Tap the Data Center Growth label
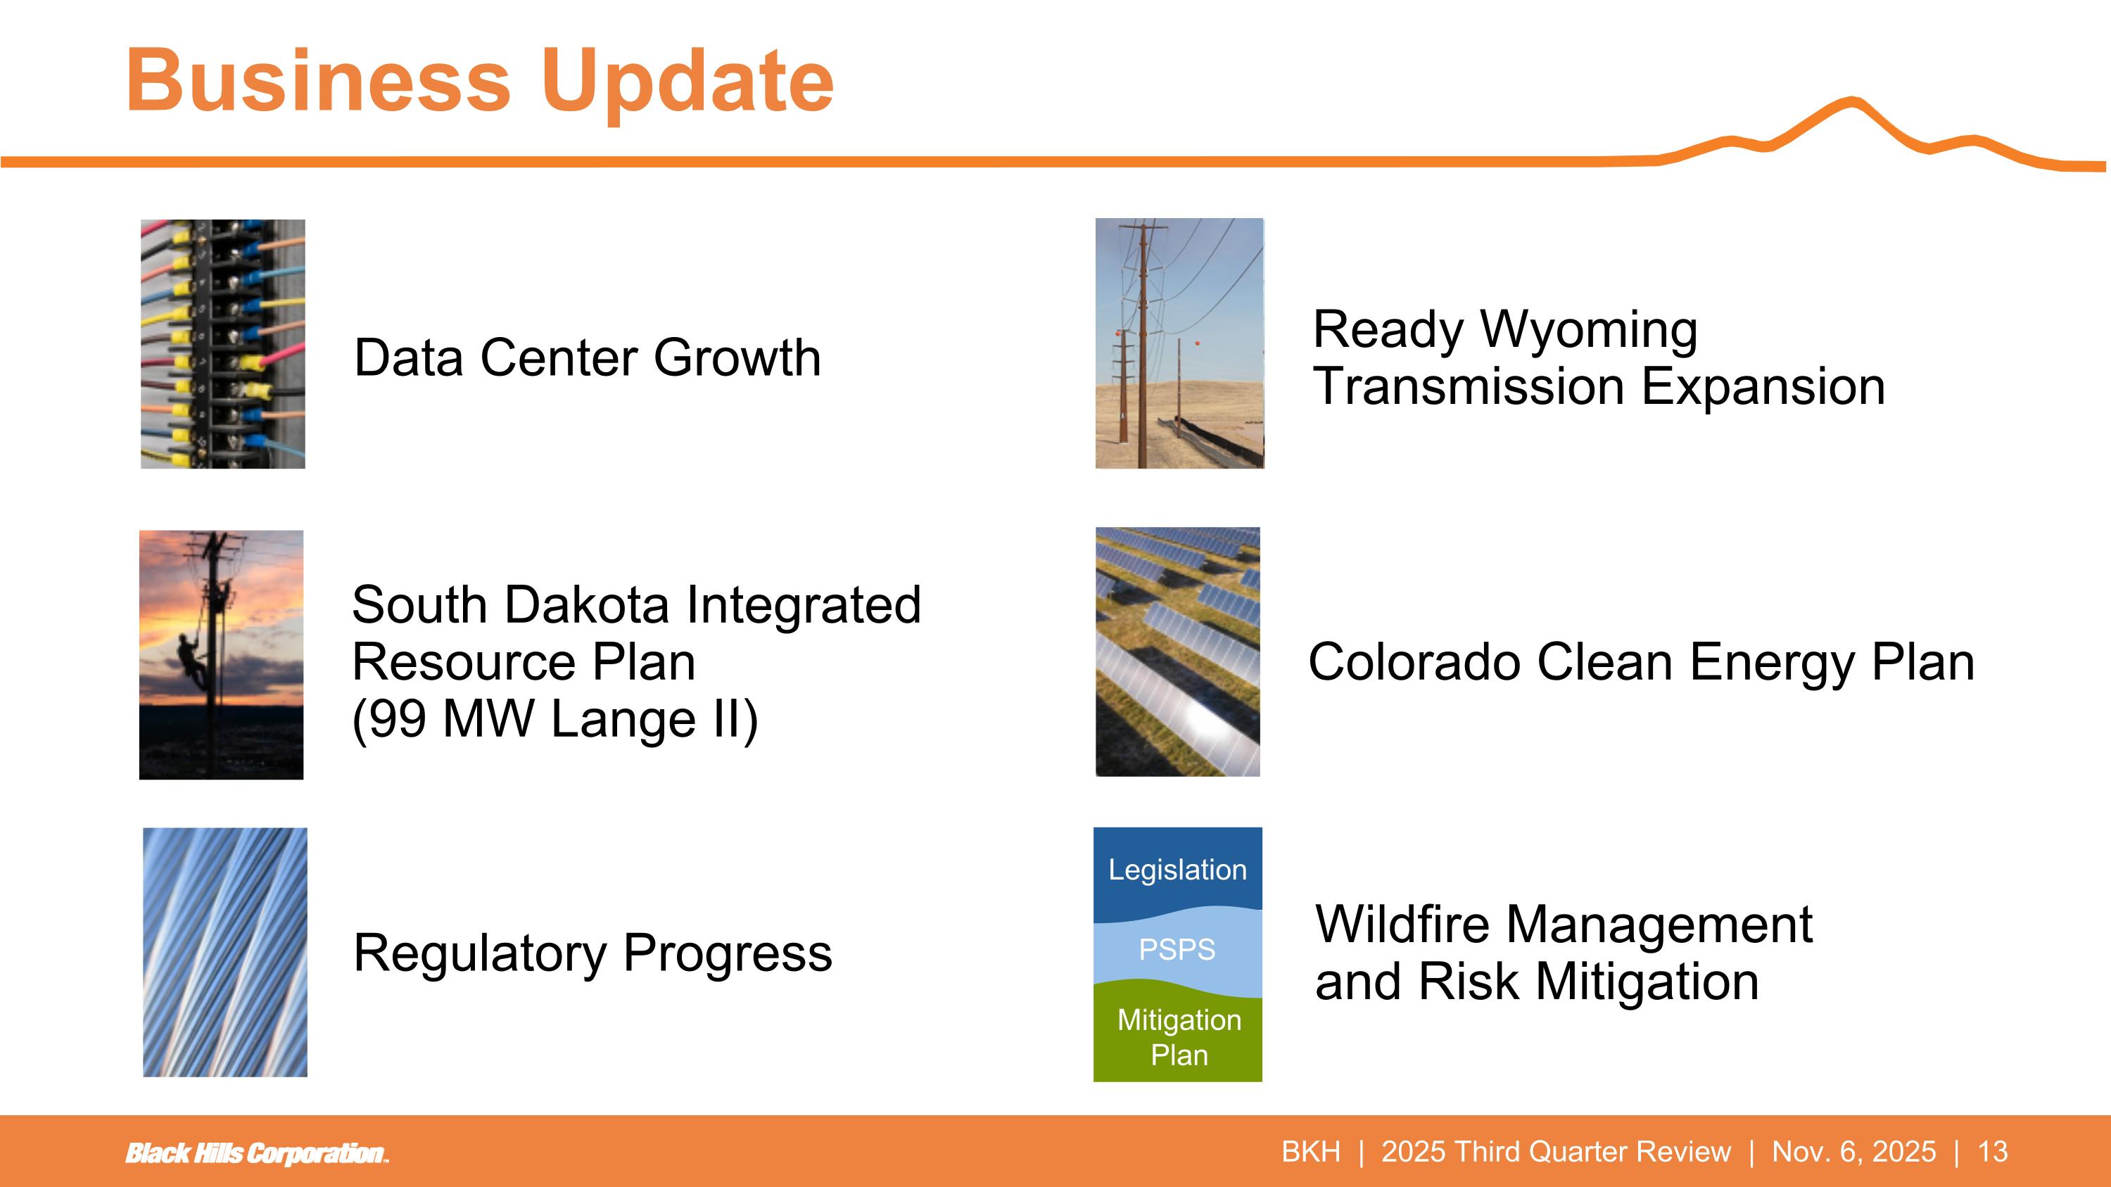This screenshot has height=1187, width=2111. click(587, 357)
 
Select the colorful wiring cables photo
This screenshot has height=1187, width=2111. click(223, 344)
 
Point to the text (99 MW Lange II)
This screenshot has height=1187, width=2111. click(554, 719)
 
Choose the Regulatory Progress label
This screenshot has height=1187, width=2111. click(592, 953)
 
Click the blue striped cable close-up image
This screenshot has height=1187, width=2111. click(225, 952)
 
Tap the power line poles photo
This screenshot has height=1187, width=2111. click(1180, 343)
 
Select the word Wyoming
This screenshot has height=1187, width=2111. click(1590, 329)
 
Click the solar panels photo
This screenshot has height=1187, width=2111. click(1178, 652)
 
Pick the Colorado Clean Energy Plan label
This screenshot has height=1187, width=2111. click(1642, 662)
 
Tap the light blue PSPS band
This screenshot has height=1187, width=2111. click(1178, 951)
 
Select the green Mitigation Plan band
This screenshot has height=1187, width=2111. click(1178, 1036)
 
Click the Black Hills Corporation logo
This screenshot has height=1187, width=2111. click(257, 1153)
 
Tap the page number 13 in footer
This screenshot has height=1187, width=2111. click(1993, 1152)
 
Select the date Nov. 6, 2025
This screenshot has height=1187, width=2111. click(1853, 1152)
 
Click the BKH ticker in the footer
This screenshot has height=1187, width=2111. click(1311, 1152)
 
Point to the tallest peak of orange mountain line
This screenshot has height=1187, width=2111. click(1851, 101)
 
